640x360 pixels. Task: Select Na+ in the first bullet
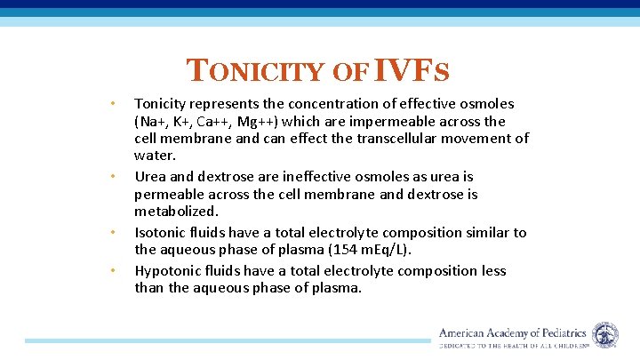pyautogui.click(x=153, y=122)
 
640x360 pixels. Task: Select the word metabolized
pyautogui.click(x=175, y=212)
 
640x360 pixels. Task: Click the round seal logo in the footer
pyautogui.click(x=605, y=335)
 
